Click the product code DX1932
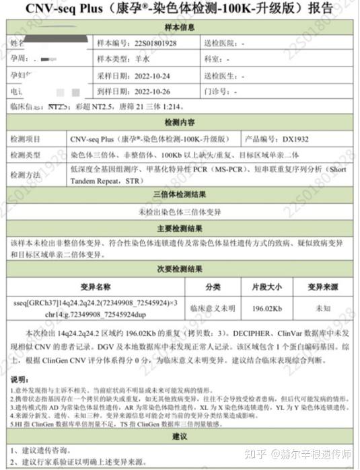click(x=297, y=139)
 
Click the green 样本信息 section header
click(x=180, y=26)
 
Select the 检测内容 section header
click(x=180, y=123)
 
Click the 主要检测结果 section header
click(x=180, y=228)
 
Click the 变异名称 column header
click(x=94, y=285)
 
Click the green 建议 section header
click(x=180, y=437)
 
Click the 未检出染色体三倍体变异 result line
click(x=180, y=211)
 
